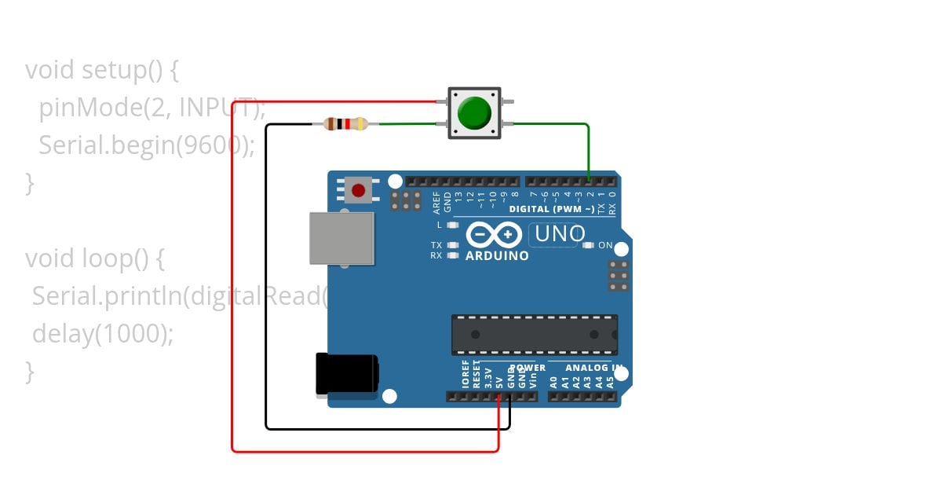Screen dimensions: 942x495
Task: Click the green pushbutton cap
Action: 473,113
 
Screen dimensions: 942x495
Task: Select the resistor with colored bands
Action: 345,123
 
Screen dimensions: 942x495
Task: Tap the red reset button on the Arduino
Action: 359,190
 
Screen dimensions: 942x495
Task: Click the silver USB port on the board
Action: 341,238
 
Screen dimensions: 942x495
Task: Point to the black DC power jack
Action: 346,374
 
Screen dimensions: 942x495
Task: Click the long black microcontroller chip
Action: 534,335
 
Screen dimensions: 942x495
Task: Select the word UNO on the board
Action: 560,234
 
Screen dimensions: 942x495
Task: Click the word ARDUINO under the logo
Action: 497,256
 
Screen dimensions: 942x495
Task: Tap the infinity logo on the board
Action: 494,235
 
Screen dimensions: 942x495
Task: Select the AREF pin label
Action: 436,203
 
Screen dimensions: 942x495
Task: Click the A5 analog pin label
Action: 610,383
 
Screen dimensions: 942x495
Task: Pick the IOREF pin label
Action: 465,376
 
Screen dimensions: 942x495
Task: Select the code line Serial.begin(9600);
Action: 147,145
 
